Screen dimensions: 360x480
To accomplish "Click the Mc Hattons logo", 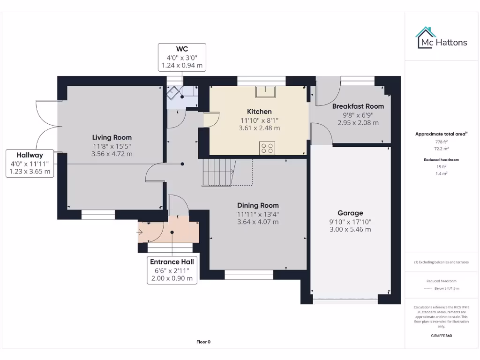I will click(441, 38).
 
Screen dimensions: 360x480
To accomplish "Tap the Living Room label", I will click(112, 137).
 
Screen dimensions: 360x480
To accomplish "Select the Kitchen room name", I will click(259, 112).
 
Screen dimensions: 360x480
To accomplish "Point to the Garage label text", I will click(350, 213).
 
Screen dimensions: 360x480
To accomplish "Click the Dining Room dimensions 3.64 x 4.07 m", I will click(258, 222).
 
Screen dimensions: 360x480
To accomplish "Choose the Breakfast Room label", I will click(358, 106).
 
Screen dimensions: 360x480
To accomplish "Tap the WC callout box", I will click(182, 57).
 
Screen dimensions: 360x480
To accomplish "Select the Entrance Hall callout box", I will click(172, 270).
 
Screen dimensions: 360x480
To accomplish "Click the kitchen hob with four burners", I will click(267, 148).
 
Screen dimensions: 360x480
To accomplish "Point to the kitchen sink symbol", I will click(266, 91).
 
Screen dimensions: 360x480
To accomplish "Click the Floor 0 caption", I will click(203, 342).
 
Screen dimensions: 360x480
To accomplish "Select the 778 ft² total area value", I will click(441, 141).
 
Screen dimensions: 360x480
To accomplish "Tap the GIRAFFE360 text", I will click(441, 336).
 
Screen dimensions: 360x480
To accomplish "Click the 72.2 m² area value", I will click(441, 148).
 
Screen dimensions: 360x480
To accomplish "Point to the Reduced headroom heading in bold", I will click(441, 160).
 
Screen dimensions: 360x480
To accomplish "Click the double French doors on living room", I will click(47, 127).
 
